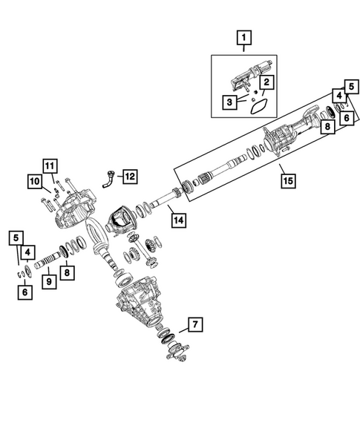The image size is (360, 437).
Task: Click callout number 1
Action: pos(243,36)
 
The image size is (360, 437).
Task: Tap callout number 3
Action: pos(231,102)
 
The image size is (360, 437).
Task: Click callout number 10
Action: pos(35,181)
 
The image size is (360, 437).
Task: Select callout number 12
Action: pos(129,176)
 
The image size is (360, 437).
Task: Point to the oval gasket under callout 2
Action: pos(258,105)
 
